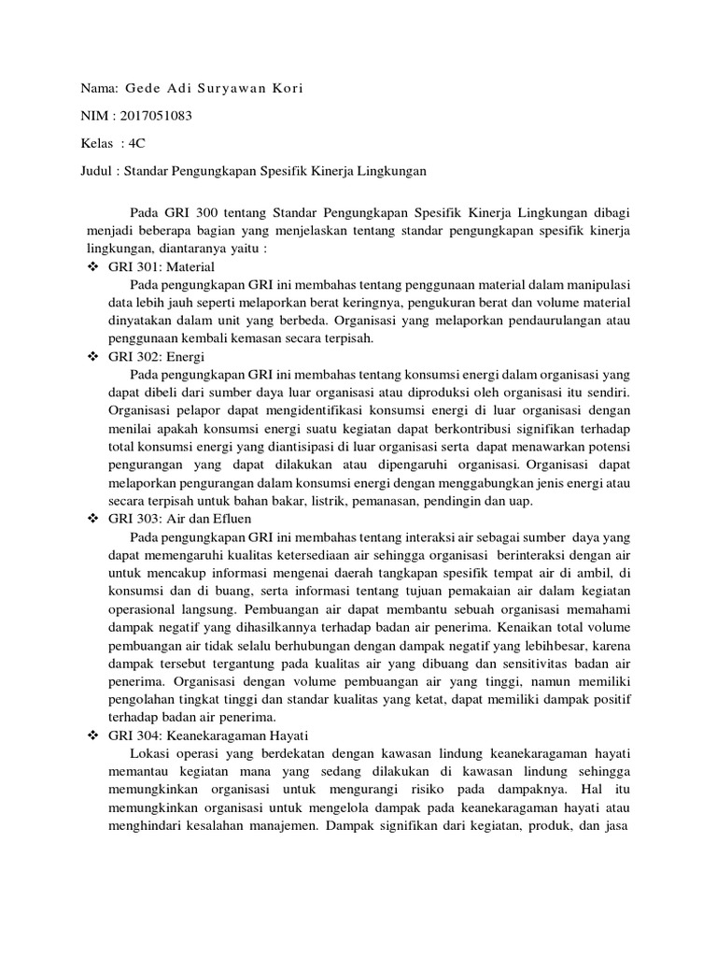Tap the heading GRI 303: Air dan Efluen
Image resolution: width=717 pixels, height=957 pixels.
pos(180,518)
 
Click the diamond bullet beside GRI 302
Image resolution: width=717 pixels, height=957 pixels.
pos(92,357)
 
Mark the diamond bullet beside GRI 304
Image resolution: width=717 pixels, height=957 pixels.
pos(92,736)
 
